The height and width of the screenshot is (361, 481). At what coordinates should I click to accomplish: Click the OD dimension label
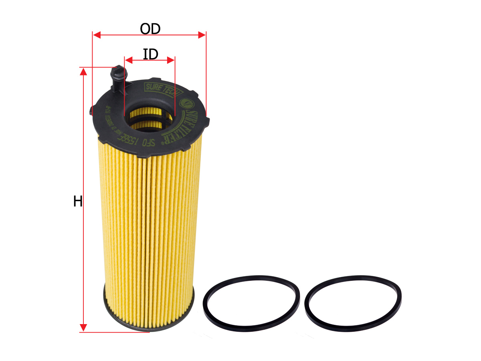point(150,29)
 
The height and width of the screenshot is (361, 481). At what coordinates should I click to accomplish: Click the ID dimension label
point(150,54)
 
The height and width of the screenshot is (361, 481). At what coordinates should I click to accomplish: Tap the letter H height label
point(77,201)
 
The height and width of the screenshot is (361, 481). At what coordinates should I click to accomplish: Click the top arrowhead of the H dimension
point(83,71)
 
